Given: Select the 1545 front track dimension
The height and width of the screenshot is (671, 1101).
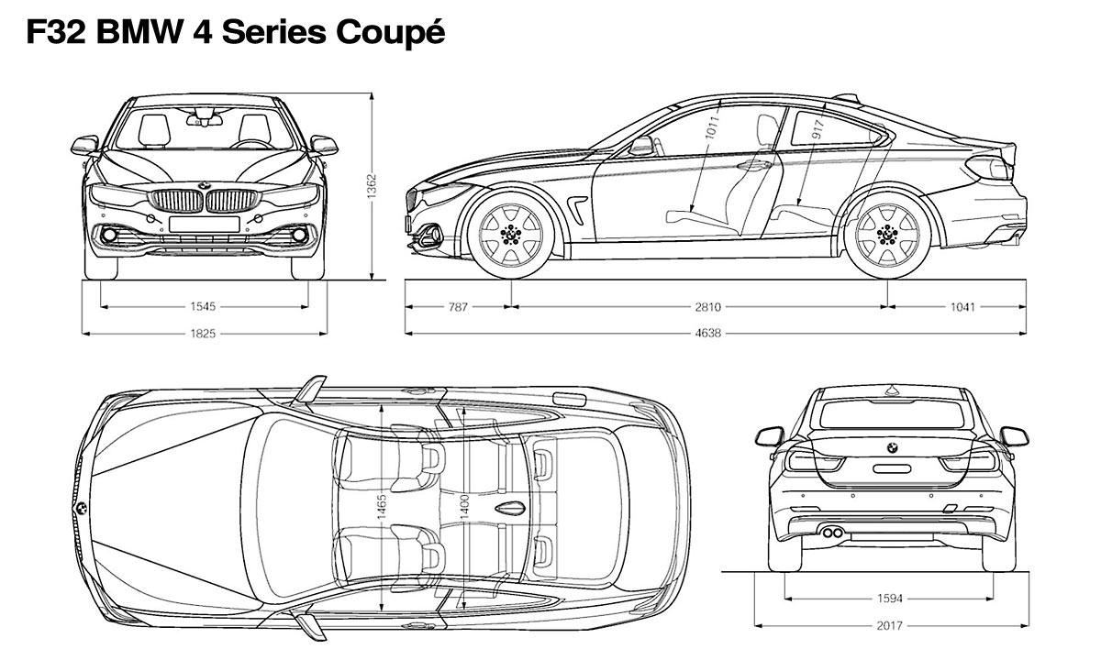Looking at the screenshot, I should (x=204, y=307).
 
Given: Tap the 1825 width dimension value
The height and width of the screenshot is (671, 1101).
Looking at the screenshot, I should (x=204, y=334).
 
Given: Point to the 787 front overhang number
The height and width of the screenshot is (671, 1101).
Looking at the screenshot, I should (x=459, y=307).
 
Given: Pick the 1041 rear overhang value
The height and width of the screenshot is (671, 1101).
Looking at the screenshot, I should (x=962, y=307).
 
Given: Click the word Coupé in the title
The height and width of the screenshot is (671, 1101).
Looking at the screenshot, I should (x=391, y=34).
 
